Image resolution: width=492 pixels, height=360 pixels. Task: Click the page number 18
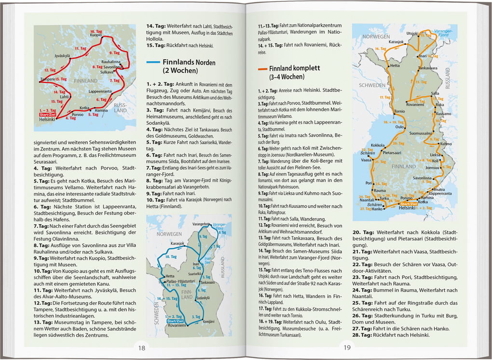pos(141,348)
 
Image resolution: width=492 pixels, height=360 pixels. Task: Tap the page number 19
pos(347,348)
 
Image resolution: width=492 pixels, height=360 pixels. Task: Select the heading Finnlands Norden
pos(189,63)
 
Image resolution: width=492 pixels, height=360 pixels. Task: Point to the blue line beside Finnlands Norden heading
pos(153,62)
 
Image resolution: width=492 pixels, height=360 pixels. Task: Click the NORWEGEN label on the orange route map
pos(376,37)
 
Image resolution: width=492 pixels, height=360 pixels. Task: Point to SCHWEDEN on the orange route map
pos(372,85)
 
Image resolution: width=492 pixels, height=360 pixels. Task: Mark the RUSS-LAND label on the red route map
pos(120,107)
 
